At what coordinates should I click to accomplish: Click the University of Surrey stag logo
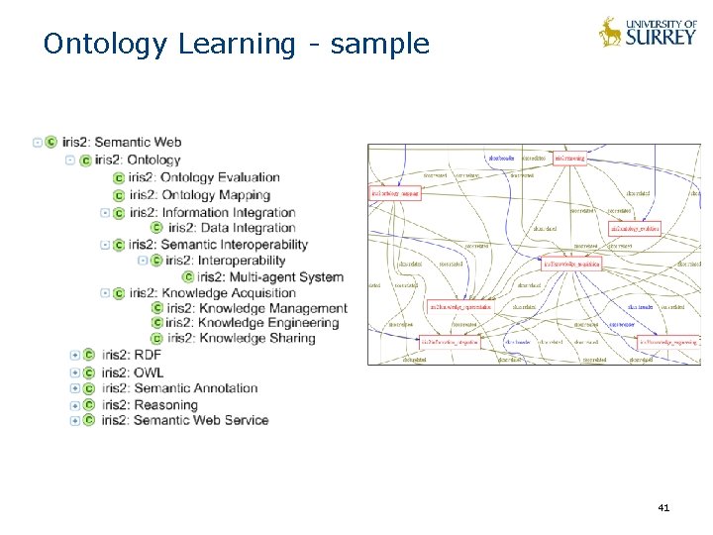[610, 32]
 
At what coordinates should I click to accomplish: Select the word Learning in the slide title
[236, 45]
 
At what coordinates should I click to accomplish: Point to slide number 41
[663, 508]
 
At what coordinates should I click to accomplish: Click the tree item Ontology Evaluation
[220, 178]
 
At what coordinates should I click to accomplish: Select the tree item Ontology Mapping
[215, 195]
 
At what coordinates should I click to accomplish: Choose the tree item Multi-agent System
[269, 277]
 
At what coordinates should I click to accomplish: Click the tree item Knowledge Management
[256, 309]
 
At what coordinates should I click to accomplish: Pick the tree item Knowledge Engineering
[253, 323]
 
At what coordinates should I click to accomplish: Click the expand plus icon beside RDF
[74, 355]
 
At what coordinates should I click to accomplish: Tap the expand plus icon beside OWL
[74, 372]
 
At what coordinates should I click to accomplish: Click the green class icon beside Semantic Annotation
[88, 388]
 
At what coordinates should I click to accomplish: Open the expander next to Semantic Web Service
[74, 420]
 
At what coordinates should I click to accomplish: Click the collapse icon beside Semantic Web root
[38, 143]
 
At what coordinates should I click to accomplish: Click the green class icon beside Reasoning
[88, 404]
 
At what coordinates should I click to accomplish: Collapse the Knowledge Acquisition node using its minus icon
[105, 292]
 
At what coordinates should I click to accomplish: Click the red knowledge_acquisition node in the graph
[571, 263]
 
